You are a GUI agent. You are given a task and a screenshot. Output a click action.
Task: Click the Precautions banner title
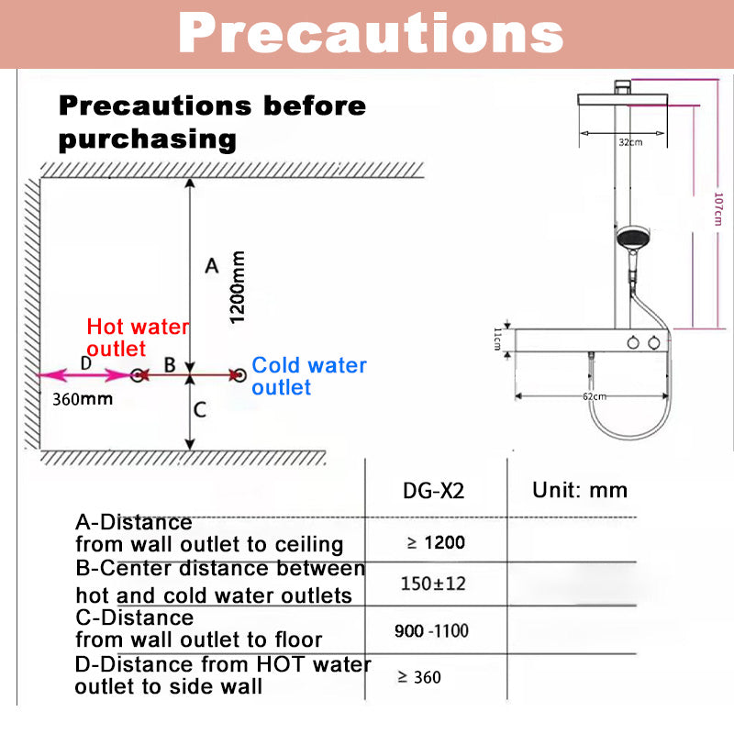370,35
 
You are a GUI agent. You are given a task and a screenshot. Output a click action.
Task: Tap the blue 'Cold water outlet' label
309,376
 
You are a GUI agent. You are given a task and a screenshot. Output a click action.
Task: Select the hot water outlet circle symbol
138,375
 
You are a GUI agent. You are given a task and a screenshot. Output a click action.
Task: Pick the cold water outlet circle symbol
239,375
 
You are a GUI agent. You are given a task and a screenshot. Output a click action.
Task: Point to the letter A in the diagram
211,266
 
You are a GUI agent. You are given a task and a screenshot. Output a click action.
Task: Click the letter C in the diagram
198,410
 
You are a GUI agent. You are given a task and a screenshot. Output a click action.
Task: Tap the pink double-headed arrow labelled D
83,374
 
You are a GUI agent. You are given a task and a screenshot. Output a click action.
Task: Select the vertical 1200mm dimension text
237,286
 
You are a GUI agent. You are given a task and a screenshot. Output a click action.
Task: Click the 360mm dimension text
83,399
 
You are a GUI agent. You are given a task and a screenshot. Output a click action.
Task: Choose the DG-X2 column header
434,491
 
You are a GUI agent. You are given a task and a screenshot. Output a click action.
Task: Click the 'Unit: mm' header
580,489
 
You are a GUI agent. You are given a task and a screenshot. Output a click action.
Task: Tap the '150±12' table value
433,583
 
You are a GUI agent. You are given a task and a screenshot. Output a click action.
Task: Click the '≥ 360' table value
419,677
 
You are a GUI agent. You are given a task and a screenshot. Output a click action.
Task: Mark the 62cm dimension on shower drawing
595,395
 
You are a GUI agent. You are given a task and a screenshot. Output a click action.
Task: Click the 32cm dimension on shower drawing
629,142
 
